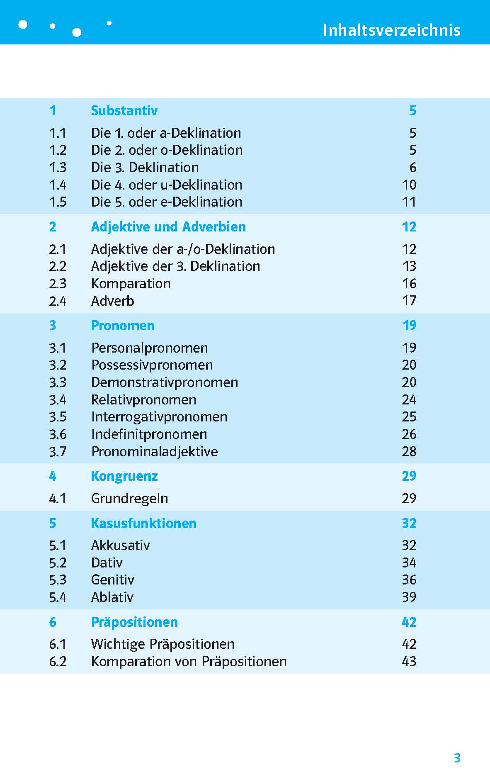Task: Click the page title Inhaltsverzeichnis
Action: coord(391,30)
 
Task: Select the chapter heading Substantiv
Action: coord(124,111)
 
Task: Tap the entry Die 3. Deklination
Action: coord(145,168)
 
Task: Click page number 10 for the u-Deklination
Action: coord(409,185)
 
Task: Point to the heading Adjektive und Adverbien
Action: coord(168,227)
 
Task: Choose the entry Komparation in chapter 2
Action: coord(131,284)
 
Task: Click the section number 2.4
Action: coord(58,301)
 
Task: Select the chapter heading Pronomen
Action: coord(123,326)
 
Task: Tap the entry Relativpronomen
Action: coord(143,400)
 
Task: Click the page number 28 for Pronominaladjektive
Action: coord(409,452)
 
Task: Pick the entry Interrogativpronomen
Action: coord(159,417)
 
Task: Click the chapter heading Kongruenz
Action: coord(124,476)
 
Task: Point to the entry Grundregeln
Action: coord(129,499)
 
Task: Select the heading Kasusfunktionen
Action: coord(143,523)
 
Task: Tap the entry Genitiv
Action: coord(112,580)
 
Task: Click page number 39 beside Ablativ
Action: coord(409,597)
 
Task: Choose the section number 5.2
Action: coord(58,563)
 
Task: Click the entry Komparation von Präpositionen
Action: coord(189,662)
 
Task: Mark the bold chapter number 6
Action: coord(53,622)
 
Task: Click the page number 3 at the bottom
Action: coord(457,758)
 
